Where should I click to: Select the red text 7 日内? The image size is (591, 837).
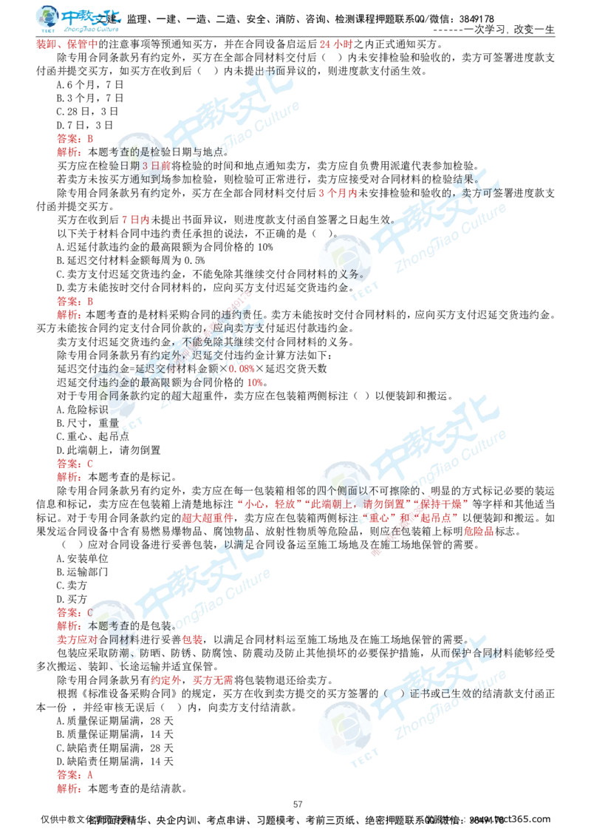[x=135, y=219]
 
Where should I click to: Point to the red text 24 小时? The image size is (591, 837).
[x=336, y=45]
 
